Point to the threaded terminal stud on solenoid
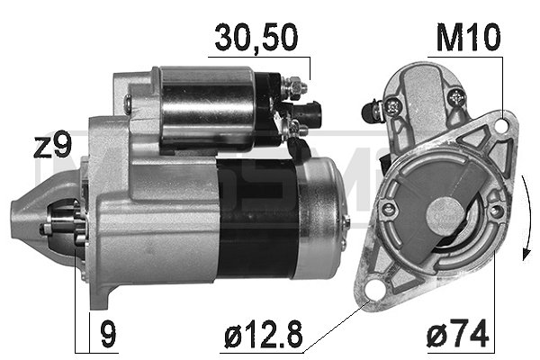point(294,88)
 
